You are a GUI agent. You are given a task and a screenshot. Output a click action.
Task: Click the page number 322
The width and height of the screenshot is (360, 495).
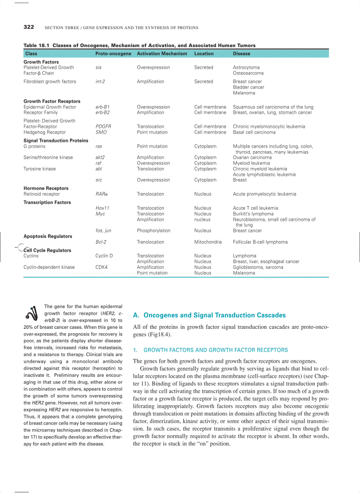29,27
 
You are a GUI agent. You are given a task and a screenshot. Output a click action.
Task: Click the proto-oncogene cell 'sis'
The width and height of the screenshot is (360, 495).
98,67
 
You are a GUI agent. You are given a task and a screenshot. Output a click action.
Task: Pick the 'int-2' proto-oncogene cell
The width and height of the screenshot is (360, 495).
100,82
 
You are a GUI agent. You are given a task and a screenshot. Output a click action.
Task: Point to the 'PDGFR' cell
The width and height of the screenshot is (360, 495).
103,127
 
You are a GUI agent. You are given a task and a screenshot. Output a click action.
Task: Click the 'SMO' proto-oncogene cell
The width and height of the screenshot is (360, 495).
101,132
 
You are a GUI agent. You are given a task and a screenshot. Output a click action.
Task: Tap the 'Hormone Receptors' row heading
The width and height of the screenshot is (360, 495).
46,188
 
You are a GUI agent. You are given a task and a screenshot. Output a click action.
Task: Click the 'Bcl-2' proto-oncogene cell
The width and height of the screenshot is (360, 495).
101,242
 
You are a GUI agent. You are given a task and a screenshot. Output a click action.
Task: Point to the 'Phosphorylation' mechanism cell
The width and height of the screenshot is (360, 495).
154,231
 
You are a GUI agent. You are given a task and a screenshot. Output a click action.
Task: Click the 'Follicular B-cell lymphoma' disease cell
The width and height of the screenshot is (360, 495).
260,242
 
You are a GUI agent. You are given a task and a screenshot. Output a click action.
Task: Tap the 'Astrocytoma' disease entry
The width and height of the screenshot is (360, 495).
246,67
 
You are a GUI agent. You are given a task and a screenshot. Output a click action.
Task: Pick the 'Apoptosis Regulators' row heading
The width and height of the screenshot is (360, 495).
48,236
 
